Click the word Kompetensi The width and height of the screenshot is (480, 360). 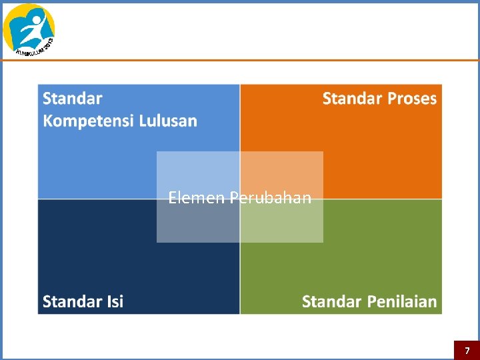coord(89,121)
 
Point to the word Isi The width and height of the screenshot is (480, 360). coord(113,301)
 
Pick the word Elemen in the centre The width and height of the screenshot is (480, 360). coord(197,197)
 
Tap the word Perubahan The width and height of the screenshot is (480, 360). coord(271,197)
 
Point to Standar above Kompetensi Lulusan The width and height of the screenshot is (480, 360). coord(73,99)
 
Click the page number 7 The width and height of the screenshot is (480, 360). coord(467,351)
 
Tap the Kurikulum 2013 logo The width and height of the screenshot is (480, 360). coord(29,29)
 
